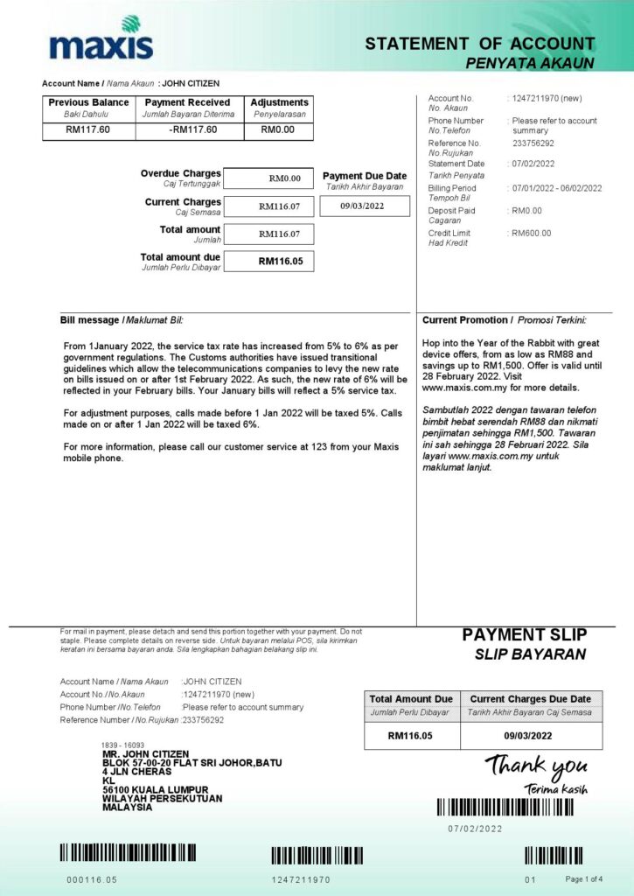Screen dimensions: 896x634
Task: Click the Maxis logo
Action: [x=101, y=38]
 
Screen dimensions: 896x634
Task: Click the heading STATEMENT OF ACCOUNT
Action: [x=479, y=44]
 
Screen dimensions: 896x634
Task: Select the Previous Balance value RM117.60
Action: [x=87, y=130]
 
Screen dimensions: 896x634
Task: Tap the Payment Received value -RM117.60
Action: [x=192, y=130]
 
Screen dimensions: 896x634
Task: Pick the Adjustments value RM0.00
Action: [x=278, y=130]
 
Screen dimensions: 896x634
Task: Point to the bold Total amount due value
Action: [x=280, y=261]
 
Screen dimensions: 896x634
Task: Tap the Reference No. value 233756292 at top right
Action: [x=533, y=143]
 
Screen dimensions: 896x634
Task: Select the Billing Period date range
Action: [x=556, y=188]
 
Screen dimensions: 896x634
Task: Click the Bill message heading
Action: [x=122, y=320]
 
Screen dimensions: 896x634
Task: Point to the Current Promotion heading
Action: [x=504, y=320]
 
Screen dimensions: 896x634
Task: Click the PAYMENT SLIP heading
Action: [x=525, y=634]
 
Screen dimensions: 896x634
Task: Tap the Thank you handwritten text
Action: [x=536, y=767]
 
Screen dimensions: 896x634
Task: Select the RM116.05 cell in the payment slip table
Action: [x=411, y=736]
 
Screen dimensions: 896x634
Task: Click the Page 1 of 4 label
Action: [x=583, y=878]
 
